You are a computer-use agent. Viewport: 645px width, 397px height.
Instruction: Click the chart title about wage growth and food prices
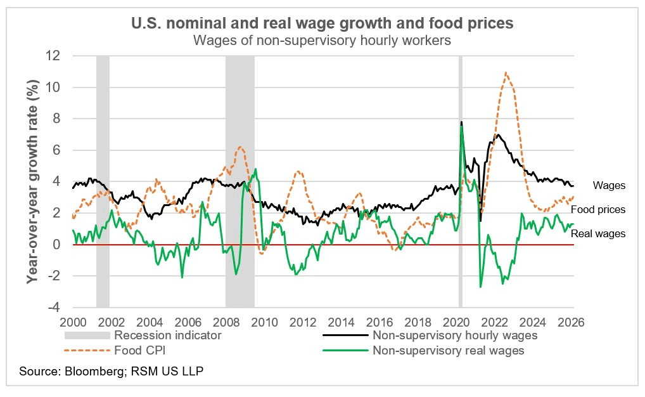[x=322, y=23]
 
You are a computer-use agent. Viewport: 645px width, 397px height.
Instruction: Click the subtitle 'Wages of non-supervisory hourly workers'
[x=322, y=40]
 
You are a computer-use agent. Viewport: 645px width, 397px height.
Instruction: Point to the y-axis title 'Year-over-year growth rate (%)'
[x=33, y=181]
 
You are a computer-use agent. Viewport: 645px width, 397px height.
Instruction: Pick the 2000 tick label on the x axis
[x=73, y=321]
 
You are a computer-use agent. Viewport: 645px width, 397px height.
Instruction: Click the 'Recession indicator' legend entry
[x=166, y=335]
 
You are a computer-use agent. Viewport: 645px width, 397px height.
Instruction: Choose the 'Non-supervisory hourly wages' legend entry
[x=455, y=335]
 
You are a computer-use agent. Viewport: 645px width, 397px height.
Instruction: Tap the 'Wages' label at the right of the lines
[x=609, y=186]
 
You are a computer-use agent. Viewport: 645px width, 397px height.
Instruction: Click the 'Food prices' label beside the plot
[x=598, y=209]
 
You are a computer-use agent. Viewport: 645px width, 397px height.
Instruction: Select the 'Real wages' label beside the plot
[x=598, y=233]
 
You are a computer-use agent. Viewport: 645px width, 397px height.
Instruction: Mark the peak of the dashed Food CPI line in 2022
[x=505, y=72]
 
